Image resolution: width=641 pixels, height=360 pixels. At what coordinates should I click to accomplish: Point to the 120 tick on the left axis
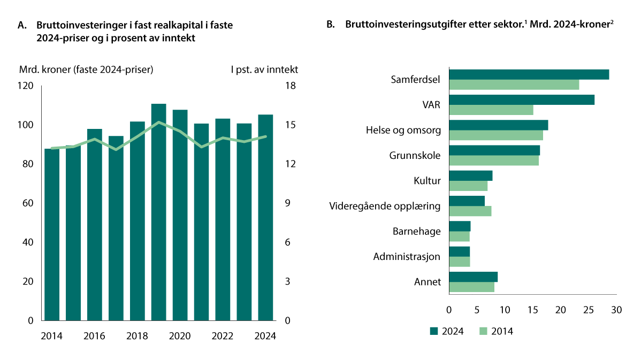tap(26, 86)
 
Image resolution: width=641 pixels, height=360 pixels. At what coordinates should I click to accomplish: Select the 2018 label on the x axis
tap(137, 336)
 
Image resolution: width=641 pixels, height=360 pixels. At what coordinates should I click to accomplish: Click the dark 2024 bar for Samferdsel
tap(529, 74)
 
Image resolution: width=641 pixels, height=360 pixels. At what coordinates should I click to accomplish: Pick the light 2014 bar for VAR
tap(491, 110)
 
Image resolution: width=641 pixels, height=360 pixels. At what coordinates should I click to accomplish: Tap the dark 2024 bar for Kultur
tap(470, 175)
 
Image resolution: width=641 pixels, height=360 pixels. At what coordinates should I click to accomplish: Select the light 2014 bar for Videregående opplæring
tap(470, 211)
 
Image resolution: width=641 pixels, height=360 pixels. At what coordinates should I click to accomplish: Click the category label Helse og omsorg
tap(403, 130)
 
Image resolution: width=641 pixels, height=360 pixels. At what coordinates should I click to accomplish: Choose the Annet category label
tap(428, 282)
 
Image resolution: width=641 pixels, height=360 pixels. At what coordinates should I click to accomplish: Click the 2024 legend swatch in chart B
tap(434, 331)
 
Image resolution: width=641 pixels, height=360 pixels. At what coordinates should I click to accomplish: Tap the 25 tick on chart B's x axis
tap(589, 310)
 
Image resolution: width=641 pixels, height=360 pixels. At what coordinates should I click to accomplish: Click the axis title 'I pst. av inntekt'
tap(264, 69)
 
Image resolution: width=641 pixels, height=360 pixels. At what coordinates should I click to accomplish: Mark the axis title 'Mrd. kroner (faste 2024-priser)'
tap(86, 69)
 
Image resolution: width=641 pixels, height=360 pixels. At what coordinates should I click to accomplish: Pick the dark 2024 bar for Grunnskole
tap(494, 150)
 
